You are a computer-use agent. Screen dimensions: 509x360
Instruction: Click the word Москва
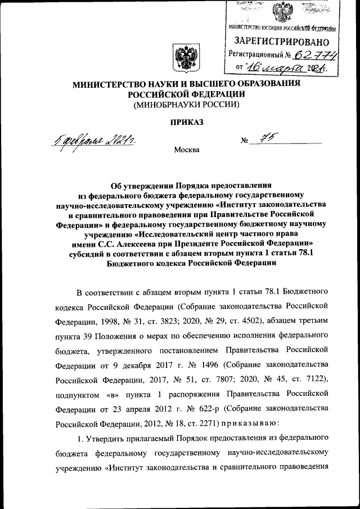tap(186, 150)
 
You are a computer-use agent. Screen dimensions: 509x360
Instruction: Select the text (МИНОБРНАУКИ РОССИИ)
tap(186, 105)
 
